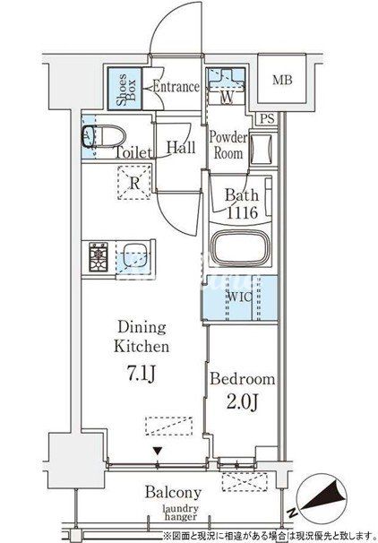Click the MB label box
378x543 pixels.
[x=282, y=80]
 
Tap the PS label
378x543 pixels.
[x=267, y=119]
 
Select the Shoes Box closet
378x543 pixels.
[x=125, y=89]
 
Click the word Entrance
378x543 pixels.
[x=176, y=87]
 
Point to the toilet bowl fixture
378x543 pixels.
[x=103, y=136]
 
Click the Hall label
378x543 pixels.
[x=180, y=148]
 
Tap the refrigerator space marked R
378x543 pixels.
[x=134, y=183]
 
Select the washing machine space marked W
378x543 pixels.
[x=226, y=83]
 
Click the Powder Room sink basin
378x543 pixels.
[x=261, y=150]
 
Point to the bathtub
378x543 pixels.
[x=241, y=248]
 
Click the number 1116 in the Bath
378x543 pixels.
[x=242, y=212]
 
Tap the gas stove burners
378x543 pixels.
[x=99, y=256]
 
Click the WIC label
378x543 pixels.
[x=240, y=297]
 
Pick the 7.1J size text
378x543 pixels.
[x=142, y=374]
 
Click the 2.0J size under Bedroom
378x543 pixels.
[x=243, y=401]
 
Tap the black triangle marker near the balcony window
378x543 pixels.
[x=158, y=451]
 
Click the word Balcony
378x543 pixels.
[x=173, y=493]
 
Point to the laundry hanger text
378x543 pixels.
[x=181, y=513]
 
